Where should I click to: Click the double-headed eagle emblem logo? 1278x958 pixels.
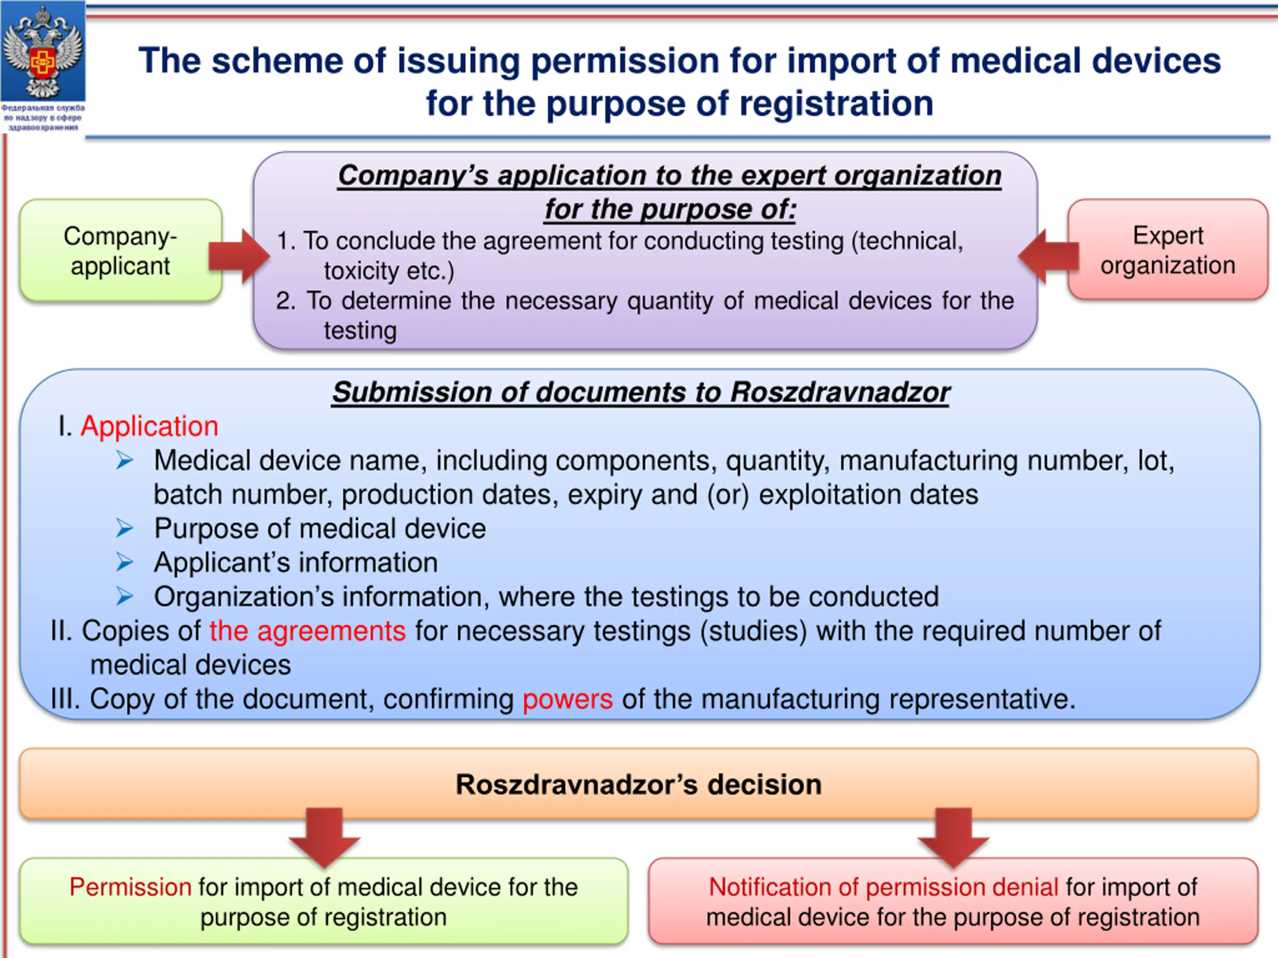coord(43,51)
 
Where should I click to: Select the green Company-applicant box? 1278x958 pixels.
coord(121,250)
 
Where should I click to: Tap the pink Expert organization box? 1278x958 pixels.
coord(1168,249)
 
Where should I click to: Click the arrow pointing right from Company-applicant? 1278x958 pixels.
coord(239,256)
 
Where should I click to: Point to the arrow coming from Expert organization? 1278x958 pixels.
coord(1048,256)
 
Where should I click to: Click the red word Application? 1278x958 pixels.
coord(150,427)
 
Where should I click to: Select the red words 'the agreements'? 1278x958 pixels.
coord(308,631)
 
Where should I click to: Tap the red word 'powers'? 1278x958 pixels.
coord(567,700)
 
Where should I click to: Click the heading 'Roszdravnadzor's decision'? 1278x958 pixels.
coord(639,784)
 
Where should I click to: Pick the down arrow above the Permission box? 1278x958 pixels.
coord(324,837)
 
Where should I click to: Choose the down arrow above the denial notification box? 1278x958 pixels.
coord(954,837)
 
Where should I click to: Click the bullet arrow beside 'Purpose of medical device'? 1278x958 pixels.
coord(125,528)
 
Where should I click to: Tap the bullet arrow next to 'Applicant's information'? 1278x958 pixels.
coord(125,562)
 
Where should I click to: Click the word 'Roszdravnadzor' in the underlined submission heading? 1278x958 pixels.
coord(840,392)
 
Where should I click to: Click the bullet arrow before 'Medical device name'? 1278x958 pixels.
coord(125,460)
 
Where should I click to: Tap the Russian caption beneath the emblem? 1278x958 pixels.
coord(43,117)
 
